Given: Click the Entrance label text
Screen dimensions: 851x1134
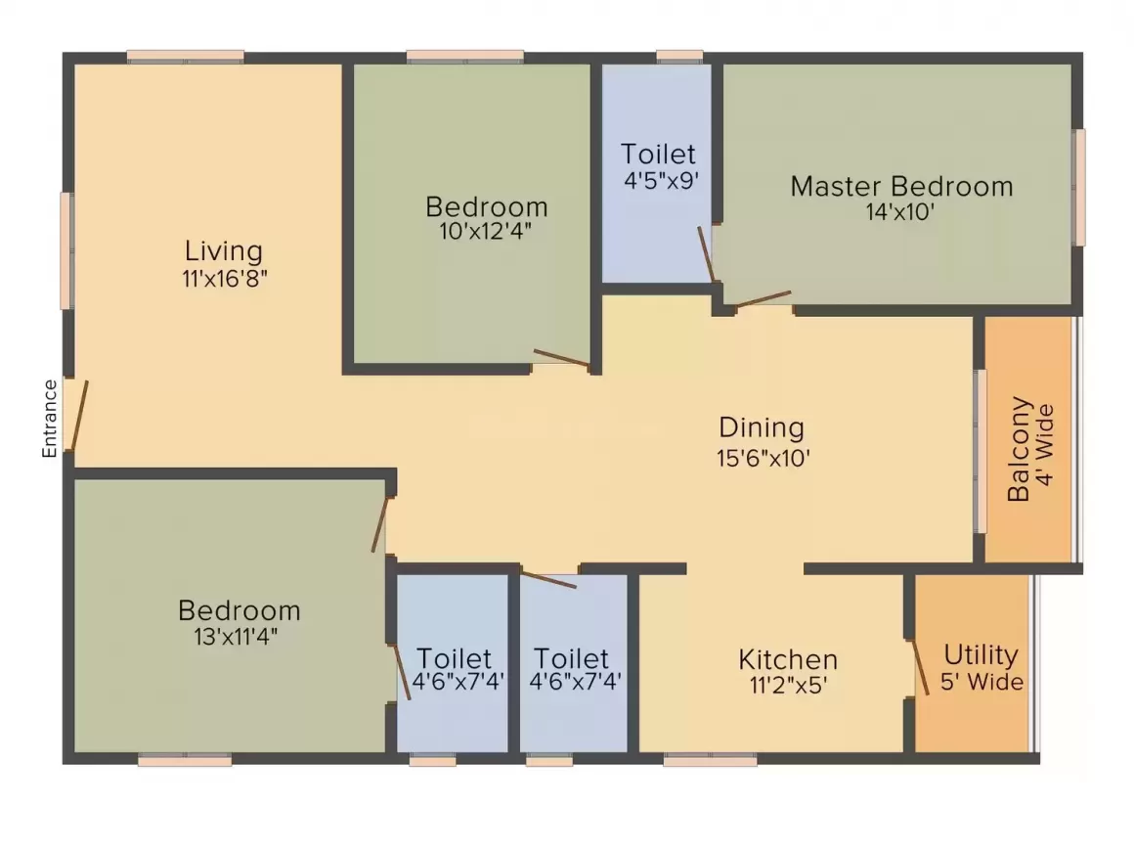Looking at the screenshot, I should pos(50,419).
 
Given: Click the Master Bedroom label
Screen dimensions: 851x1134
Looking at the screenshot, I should pos(901,186).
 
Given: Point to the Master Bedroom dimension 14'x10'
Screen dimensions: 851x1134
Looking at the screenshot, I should pos(901,211).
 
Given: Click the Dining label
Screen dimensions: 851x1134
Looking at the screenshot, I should pos(762,427).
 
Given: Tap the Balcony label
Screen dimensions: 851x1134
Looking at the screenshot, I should pos(1019,449).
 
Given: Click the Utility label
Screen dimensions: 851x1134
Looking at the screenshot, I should pos(981,654).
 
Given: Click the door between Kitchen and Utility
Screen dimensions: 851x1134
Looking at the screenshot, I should pos(918,668).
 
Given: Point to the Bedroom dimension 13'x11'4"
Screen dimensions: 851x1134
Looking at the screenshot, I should pos(240,637).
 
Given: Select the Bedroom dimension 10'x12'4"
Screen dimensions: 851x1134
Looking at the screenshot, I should pos(486,232).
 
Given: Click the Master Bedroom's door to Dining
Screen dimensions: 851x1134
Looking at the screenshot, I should pos(763,299).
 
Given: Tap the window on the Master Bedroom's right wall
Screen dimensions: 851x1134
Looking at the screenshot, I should pos(1079,187).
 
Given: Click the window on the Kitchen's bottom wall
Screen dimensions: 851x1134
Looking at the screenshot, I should pos(710,758).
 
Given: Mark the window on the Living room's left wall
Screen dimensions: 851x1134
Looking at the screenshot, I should pos(66,250).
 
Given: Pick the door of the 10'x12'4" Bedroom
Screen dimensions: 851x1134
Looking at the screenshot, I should pos(562,359).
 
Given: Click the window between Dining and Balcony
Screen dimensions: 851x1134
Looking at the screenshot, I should pos(980,451).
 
